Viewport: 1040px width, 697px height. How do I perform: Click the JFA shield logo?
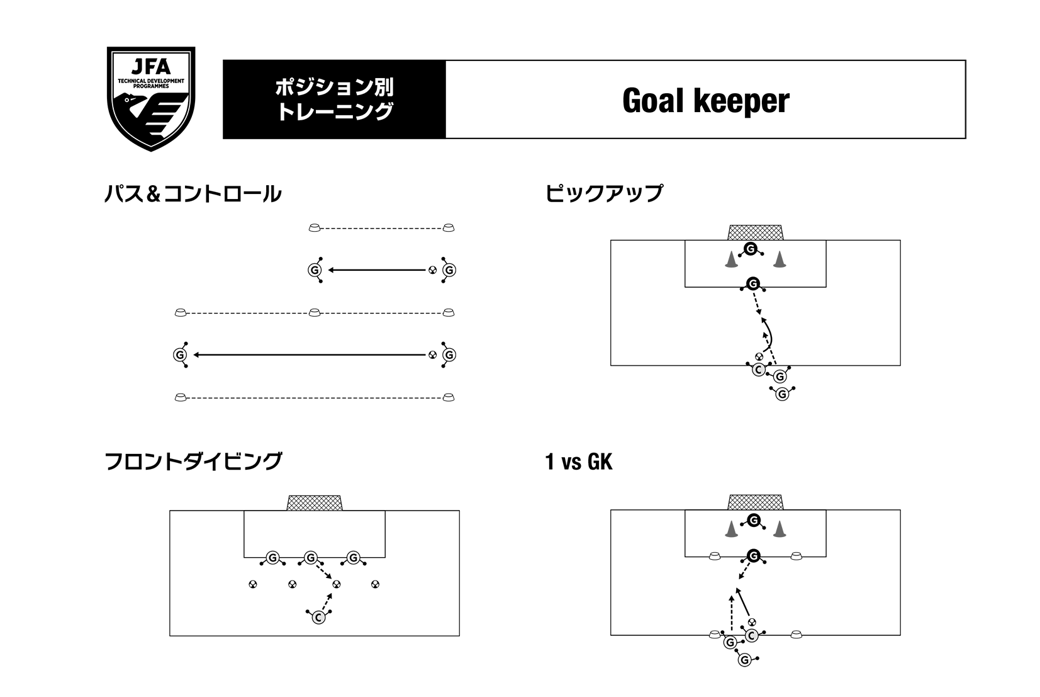(x=151, y=98)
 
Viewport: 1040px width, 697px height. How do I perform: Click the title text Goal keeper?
(x=705, y=100)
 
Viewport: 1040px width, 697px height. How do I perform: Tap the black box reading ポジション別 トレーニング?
(x=334, y=99)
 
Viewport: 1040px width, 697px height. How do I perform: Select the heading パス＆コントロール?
(x=193, y=194)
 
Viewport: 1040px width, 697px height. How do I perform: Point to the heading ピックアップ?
(x=604, y=193)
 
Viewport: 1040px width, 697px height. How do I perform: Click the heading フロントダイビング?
(x=193, y=462)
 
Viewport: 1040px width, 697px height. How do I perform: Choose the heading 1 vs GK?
(x=578, y=463)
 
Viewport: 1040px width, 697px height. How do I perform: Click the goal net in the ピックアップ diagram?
(x=755, y=232)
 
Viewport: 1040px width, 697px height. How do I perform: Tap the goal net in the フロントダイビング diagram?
(x=315, y=502)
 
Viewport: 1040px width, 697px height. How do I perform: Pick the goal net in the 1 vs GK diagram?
(x=755, y=502)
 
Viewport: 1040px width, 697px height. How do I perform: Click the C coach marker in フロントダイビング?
(x=318, y=618)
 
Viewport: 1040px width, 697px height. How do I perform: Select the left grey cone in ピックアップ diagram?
(x=730, y=260)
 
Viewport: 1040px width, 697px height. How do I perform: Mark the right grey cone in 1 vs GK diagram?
(x=780, y=530)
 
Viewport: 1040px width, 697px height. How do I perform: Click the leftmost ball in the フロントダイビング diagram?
(x=252, y=584)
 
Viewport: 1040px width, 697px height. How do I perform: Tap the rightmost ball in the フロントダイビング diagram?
(x=376, y=584)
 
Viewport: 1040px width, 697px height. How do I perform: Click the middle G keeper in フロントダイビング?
(x=310, y=558)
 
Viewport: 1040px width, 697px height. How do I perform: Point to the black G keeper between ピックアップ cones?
(x=750, y=249)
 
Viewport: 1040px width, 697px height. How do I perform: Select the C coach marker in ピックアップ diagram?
(x=759, y=370)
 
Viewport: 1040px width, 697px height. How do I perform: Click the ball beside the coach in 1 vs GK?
(x=752, y=622)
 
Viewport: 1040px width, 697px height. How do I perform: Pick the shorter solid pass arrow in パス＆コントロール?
(x=377, y=270)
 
